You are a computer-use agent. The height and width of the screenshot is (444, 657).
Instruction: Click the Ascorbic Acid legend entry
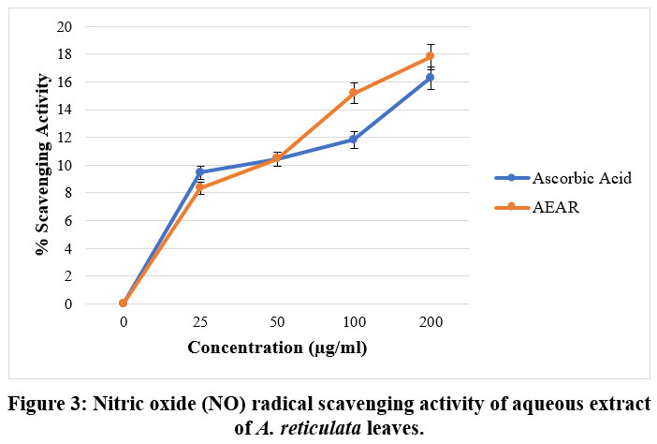click(576, 179)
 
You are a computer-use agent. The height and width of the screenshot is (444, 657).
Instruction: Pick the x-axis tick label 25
click(199, 322)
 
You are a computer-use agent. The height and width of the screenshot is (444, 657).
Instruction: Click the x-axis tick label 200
click(430, 322)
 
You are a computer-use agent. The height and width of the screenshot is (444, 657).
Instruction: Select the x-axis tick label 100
click(353, 322)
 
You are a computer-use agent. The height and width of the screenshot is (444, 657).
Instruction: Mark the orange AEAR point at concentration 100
click(353, 93)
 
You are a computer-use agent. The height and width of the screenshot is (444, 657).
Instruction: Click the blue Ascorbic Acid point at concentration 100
click(353, 140)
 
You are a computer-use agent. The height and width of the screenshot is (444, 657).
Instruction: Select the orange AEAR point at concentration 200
click(430, 56)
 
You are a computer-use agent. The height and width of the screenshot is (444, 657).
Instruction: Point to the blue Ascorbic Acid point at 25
click(199, 172)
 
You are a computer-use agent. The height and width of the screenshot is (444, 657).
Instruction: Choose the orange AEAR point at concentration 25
click(199, 188)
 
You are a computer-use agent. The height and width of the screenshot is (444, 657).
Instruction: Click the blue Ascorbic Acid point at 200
click(430, 78)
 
